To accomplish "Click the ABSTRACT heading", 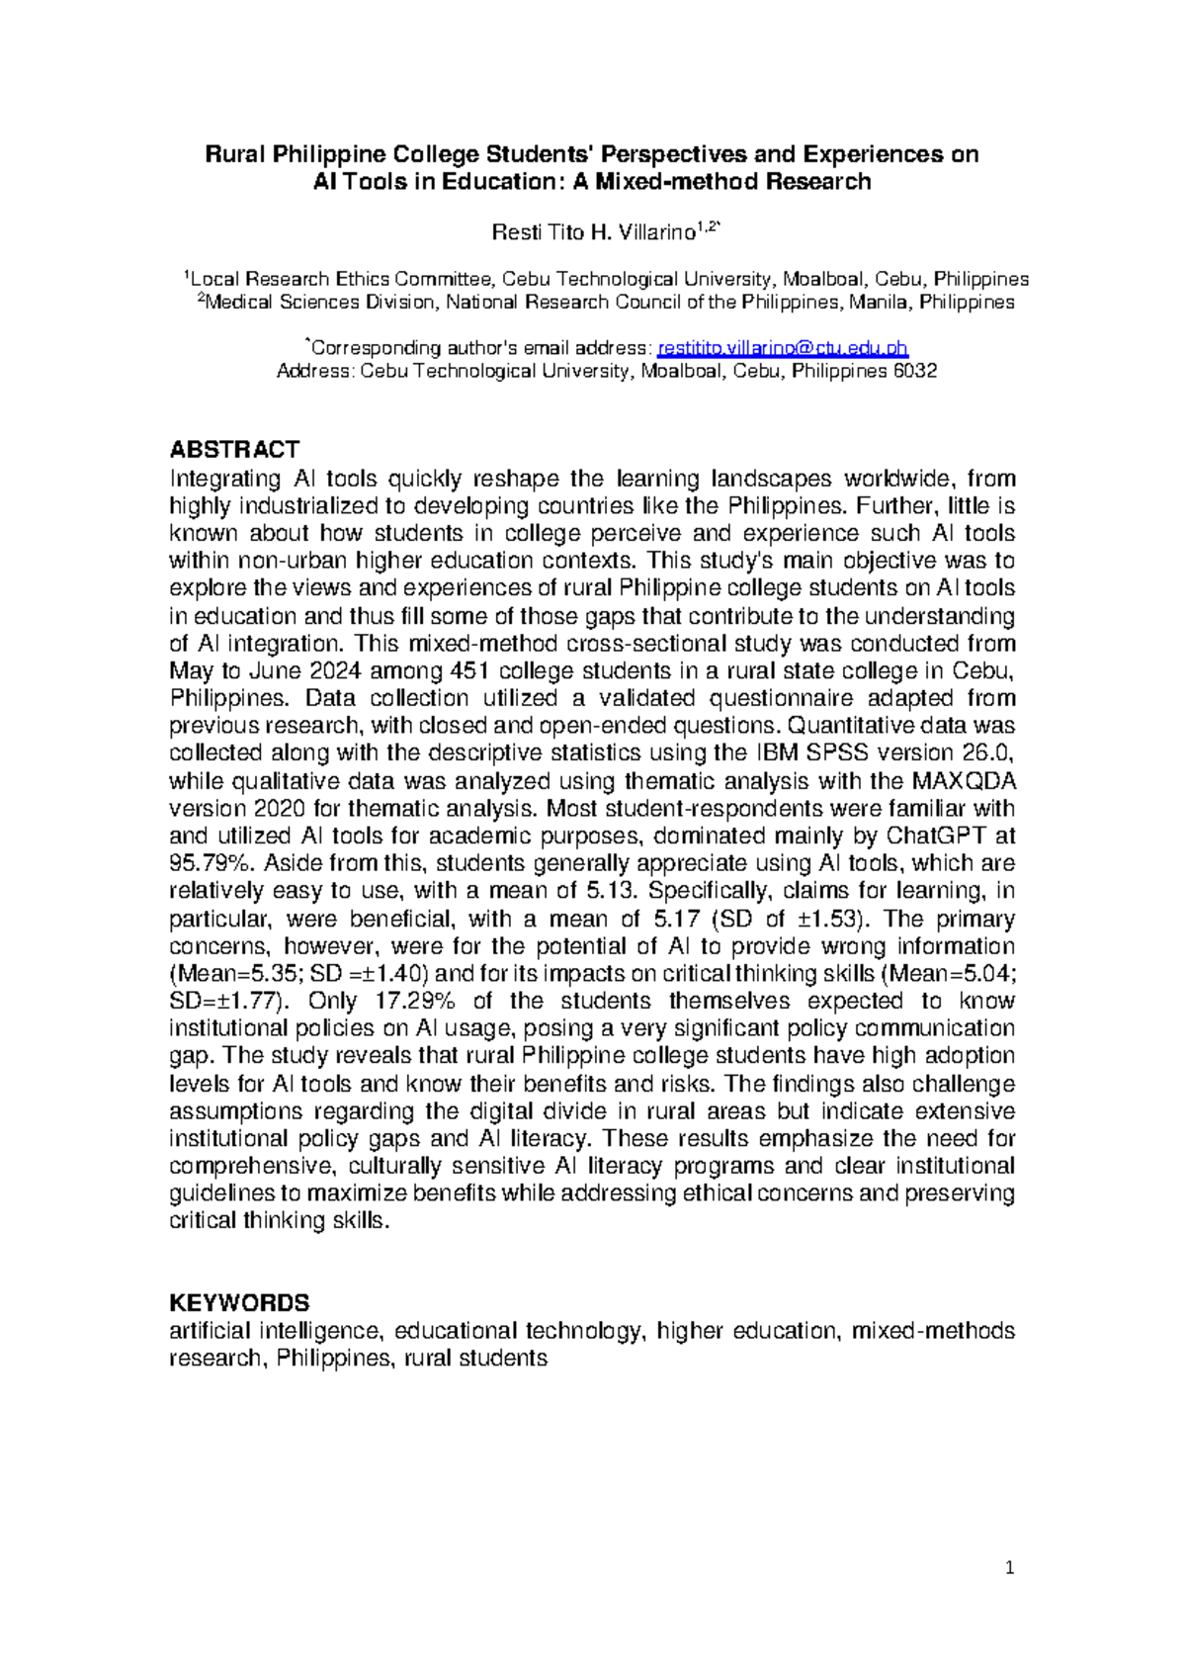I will point(234,450).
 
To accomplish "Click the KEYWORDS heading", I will point(239,1302).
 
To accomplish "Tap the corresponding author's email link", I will point(782,348).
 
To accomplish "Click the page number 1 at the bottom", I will point(1010,1567).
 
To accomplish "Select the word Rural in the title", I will point(234,154).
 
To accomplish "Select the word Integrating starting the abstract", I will point(225,479).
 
